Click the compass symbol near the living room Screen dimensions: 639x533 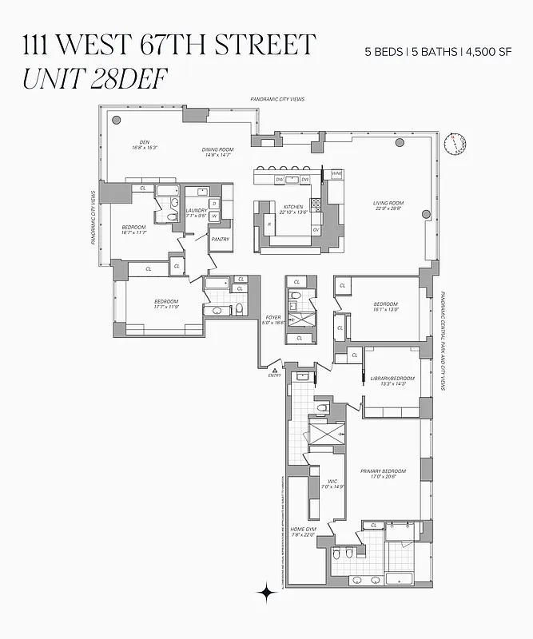(x=458, y=144)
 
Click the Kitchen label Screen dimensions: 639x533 (x=293, y=207)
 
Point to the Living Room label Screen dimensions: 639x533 (x=389, y=204)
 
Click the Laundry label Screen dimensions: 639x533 (x=197, y=211)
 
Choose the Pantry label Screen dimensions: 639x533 (x=220, y=239)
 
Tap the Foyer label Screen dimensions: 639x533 (x=273, y=318)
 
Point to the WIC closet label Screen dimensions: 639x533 (x=331, y=481)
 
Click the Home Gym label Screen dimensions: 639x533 (x=303, y=530)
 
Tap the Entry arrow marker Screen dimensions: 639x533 (x=274, y=371)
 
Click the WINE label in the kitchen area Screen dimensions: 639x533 (x=337, y=173)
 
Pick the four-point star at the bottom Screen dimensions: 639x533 (x=265, y=592)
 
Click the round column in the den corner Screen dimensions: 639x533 (x=117, y=120)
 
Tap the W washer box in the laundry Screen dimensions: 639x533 (x=214, y=216)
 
